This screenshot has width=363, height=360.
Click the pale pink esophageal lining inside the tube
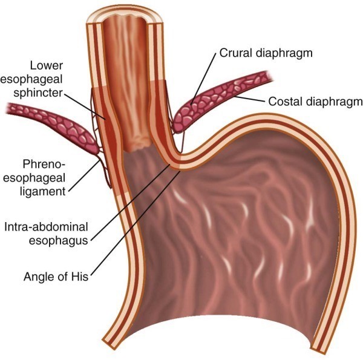pyautogui.click(x=124, y=91)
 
